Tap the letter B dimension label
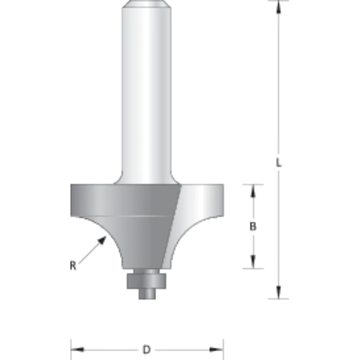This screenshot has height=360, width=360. pyautogui.click(x=253, y=226)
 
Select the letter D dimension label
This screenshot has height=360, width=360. pyautogui.click(x=147, y=350)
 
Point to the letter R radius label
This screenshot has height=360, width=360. pyautogui.click(x=73, y=266)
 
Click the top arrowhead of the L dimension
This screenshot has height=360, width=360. pyautogui.click(x=278, y=6)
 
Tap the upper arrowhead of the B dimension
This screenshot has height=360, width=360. pyautogui.click(x=253, y=190)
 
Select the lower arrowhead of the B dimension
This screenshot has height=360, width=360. pyautogui.click(x=253, y=262)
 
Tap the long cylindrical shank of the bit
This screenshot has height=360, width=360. pyautogui.click(x=147, y=93)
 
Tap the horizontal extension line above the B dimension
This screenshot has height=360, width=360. pyautogui.click(x=252, y=184)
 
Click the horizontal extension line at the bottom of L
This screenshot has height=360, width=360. pyautogui.click(x=278, y=298)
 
